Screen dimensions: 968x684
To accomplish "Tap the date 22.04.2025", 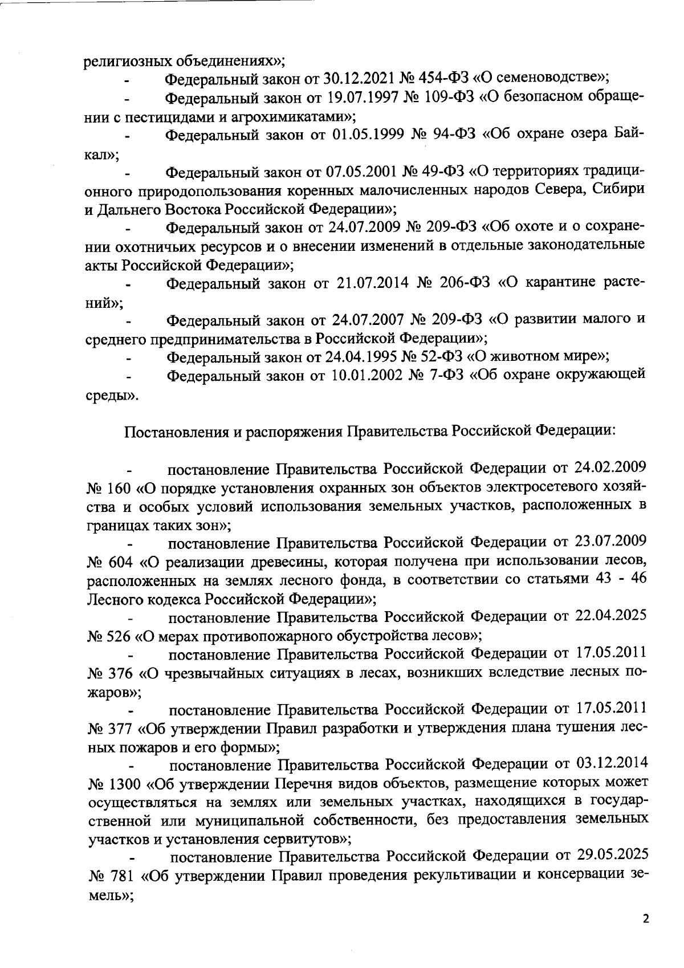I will [605, 617].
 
